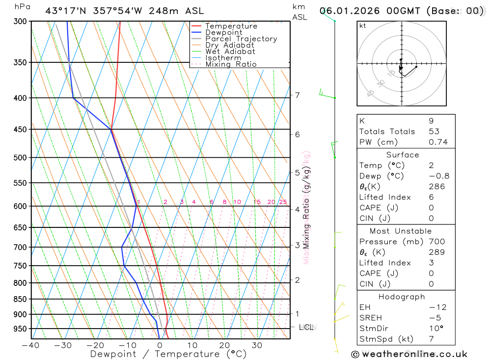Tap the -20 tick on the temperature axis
click(x=95, y=345)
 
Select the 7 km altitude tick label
click(x=298, y=95)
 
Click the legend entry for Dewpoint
click(x=223, y=32)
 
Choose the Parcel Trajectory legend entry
click(x=241, y=39)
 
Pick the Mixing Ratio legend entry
click(x=231, y=64)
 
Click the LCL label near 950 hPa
click(x=306, y=327)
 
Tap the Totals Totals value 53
click(x=434, y=132)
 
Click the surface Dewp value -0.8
click(x=439, y=176)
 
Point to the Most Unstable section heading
click(x=401, y=231)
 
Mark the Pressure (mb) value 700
click(x=436, y=242)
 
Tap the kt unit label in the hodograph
click(x=363, y=26)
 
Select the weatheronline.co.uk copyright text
click(x=409, y=354)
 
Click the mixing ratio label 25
click(x=283, y=202)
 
